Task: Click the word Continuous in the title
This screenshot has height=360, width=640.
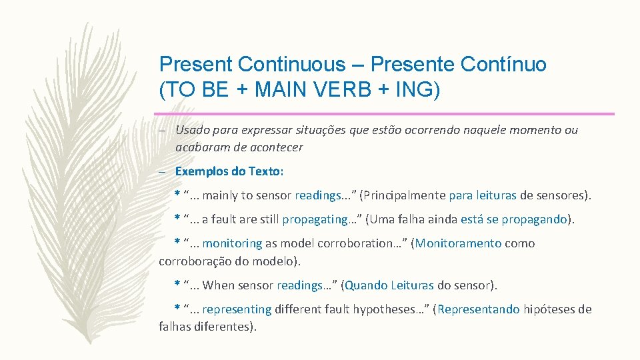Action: [291, 65]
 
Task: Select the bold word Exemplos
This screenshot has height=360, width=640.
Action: [203, 171]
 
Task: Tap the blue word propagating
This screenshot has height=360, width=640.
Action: [315, 219]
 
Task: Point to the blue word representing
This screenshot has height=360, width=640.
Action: [237, 309]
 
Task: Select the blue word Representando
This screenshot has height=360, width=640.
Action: [479, 309]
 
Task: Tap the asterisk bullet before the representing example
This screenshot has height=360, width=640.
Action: [177, 307]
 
